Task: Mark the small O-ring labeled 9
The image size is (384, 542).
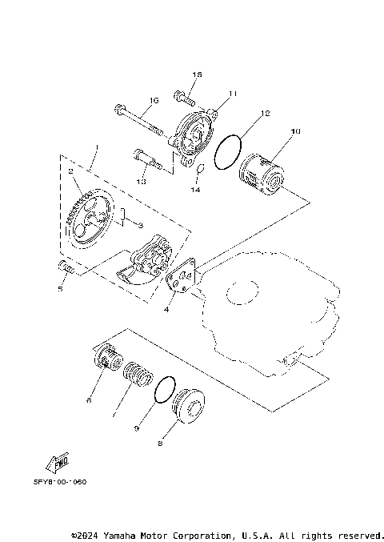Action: [164, 386]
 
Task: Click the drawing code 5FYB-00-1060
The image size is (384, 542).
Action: [59, 483]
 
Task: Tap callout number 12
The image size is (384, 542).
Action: [265, 113]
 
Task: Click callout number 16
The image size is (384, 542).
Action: [155, 100]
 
